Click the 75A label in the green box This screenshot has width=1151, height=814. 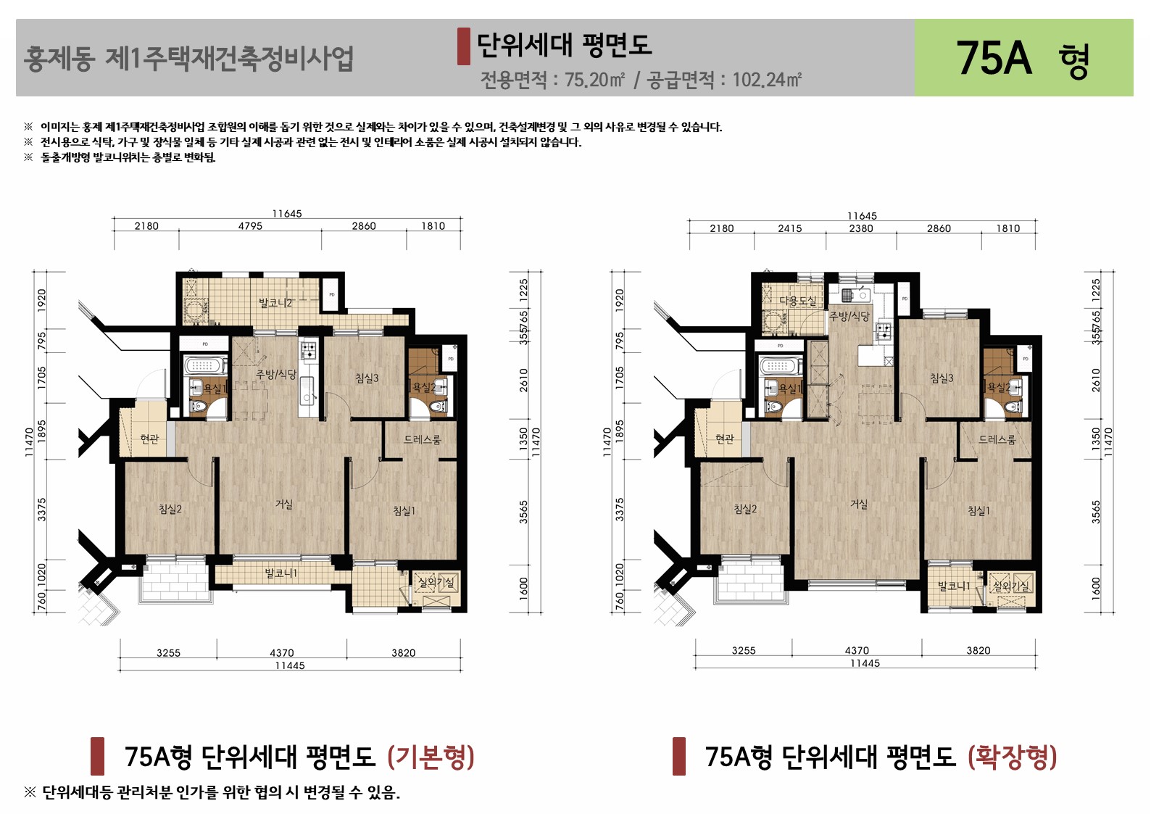pyautogui.click(x=994, y=58)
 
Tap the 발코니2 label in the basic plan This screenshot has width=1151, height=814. pyautogui.click(x=275, y=303)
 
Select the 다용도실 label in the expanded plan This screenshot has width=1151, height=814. pyautogui.click(x=797, y=300)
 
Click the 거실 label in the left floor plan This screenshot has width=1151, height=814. pyautogui.click(x=284, y=504)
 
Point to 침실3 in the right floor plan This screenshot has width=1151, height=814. pyautogui.click(x=942, y=378)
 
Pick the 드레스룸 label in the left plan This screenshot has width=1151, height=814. pyautogui.click(x=423, y=440)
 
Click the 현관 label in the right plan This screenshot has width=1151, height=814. pyautogui.click(x=724, y=439)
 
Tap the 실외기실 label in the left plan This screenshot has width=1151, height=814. pyautogui.click(x=436, y=582)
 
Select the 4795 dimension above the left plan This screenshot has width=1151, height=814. pyautogui.click(x=250, y=226)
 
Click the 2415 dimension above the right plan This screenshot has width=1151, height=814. pyautogui.click(x=790, y=228)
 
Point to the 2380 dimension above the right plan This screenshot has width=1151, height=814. pyautogui.click(x=861, y=228)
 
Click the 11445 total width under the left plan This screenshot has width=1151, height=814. pyautogui.click(x=289, y=665)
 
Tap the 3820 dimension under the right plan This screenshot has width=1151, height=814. pyautogui.click(x=978, y=651)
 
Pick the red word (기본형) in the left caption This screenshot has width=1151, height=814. pyautogui.click(x=431, y=757)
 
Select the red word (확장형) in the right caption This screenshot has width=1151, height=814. pyautogui.click(x=1012, y=757)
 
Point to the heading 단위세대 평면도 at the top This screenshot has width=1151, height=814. pyautogui.click(x=564, y=45)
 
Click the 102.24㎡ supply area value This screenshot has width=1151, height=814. pyautogui.click(x=767, y=80)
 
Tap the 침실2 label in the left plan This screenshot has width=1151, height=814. pyautogui.click(x=170, y=510)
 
